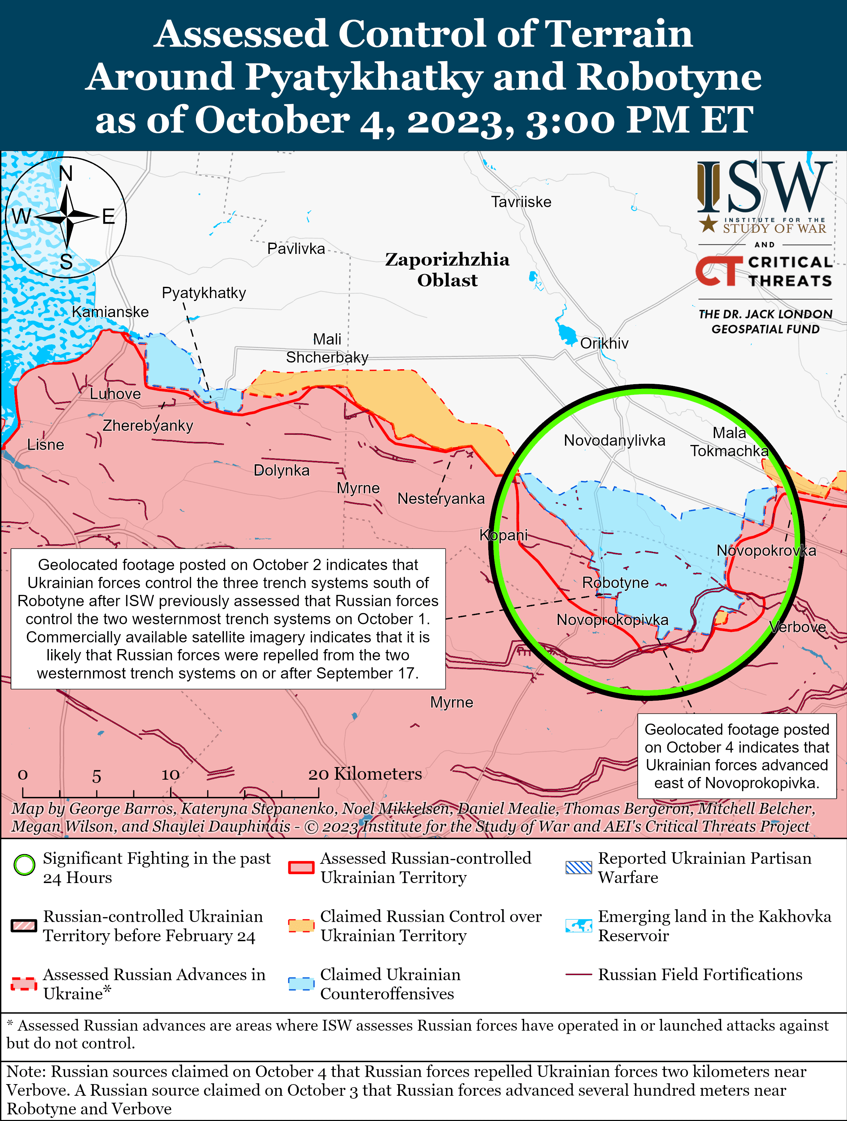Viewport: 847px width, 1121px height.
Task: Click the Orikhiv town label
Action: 604,344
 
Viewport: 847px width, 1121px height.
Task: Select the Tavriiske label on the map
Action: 521,202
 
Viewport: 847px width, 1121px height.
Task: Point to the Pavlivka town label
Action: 296,249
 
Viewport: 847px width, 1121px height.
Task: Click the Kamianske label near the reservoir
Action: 110,312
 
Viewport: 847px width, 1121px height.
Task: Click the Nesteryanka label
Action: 441,499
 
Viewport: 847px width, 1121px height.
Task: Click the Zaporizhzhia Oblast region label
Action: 447,270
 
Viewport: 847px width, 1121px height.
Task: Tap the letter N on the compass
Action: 66,174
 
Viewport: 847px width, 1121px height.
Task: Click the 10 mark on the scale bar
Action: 171,775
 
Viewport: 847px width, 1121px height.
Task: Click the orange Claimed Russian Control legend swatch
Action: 301,925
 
